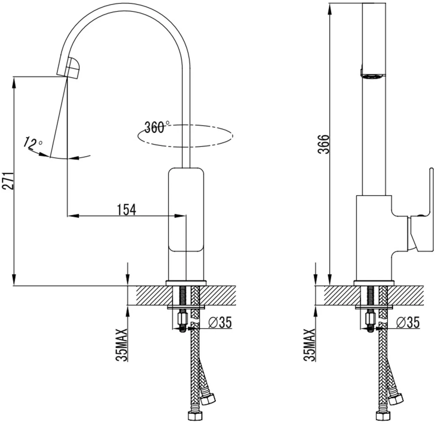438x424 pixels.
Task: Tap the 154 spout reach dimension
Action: [126, 210]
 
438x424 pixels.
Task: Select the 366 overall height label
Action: [323, 144]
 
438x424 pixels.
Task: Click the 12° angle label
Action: [33, 143]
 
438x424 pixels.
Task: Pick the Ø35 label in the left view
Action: [220, 322]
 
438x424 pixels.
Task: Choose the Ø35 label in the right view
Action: [408, 322]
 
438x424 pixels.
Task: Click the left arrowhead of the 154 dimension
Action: [73, 216]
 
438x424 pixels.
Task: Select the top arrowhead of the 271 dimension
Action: [14, 82]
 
